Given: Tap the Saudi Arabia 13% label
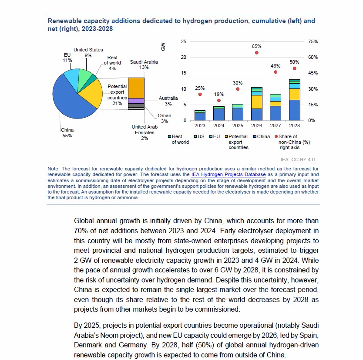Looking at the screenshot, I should click(144, 65).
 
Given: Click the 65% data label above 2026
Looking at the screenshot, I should click(256, 46).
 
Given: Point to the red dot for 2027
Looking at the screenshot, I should click(276, 72).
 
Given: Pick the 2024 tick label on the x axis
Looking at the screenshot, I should click(219, 126).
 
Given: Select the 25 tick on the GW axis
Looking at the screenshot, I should click(183, 41).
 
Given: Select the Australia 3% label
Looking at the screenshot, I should click(168, 101).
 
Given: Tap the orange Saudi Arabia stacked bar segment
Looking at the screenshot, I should click(136, 88).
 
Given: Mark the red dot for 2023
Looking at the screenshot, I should click(200, 94).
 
